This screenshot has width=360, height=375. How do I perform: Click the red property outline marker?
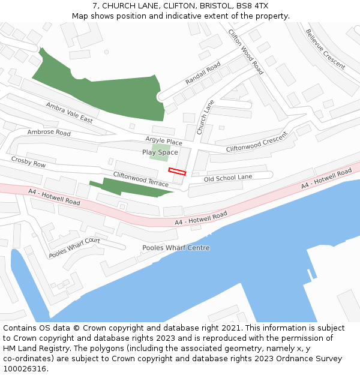177,172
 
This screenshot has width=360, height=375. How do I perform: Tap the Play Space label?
160,152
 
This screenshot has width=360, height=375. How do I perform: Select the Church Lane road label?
205,112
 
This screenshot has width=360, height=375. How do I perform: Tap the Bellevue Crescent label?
325,49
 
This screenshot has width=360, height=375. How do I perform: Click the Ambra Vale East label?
69,112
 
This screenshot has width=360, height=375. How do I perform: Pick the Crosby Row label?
28,161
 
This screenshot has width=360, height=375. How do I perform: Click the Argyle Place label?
163,142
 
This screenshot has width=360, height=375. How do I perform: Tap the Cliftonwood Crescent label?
257,142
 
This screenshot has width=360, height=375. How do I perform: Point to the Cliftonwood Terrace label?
141,178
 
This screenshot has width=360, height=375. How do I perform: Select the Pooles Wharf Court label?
74,248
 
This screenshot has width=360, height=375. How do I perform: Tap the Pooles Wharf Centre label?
176,248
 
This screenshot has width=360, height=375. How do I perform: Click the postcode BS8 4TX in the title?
252,5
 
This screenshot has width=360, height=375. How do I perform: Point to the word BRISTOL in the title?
214,5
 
